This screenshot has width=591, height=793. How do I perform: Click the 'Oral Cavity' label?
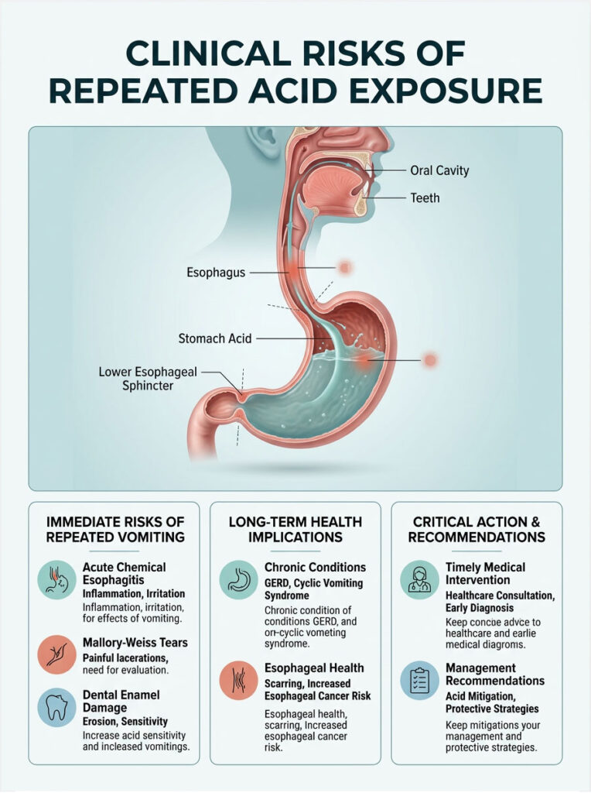tap(439, 170)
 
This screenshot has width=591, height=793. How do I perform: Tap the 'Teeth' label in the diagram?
tap(425, 198)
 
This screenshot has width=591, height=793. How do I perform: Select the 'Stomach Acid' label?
tap(215, 338)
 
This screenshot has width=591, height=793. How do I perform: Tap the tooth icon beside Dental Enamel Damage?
tap(56, 707)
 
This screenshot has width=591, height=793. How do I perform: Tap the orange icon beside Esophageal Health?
tap(237, 681)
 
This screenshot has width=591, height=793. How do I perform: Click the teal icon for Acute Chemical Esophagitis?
tap(56, 580)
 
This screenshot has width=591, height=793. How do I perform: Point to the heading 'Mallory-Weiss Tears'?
tap(135, 643)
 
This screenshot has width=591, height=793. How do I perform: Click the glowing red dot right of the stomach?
tap(429, 360)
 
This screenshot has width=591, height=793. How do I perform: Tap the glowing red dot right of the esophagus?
tap(346, 268)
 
